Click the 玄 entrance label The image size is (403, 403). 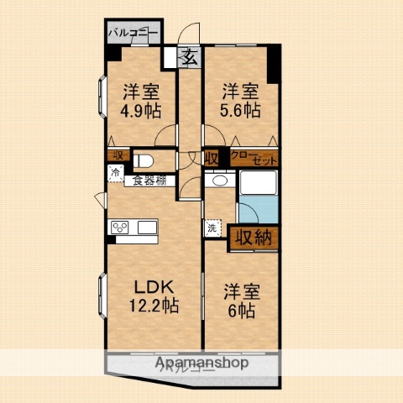click(x=190, y=58)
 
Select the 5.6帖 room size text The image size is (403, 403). click(x=241, y=110)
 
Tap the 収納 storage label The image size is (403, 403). click(x=253, y=238)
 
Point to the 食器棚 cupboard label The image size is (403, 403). click(x=147, y=181)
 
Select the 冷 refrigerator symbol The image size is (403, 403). click(x=113, y=173)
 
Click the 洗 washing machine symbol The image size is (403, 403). click(x=212, y=227)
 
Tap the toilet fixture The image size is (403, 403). click(x=144, y=159)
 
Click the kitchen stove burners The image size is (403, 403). click(x=119, y=227)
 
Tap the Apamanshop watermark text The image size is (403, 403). click(x=201, y=363)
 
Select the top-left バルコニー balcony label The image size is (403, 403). click(x=133, y=33)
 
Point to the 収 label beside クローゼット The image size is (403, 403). click(x=212, y=156)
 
